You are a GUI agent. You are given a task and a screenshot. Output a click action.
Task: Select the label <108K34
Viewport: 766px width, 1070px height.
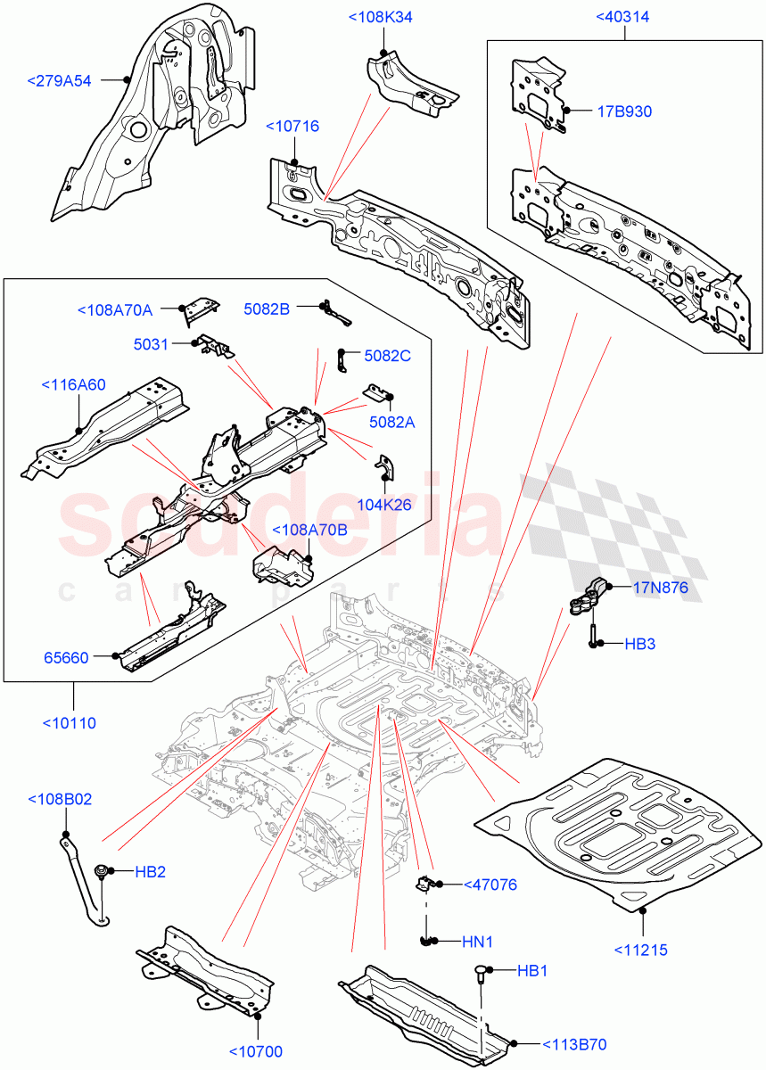click(381, 17)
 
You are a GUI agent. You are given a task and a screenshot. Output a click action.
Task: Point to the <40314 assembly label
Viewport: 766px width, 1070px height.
click(623, 17)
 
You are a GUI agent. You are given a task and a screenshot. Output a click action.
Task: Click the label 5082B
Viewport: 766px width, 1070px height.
click(267, 309)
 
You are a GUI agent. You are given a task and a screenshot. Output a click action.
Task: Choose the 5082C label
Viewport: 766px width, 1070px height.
click(387, 356)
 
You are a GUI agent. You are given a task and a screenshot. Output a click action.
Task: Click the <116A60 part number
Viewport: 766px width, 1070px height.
click(73, 385)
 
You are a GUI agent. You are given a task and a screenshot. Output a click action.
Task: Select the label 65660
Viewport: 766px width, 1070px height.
click(67, 657)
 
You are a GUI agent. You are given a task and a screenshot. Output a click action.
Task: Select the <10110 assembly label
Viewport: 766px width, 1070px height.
click(70, 722)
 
